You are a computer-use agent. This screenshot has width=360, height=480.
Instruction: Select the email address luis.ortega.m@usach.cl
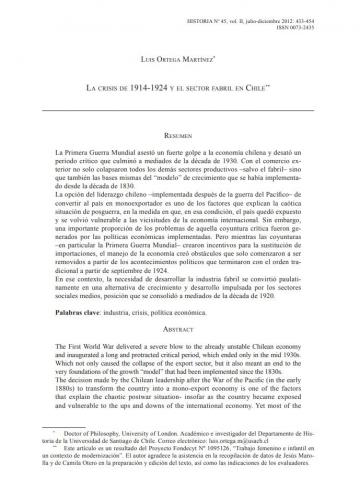click(x=271, y=436)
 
